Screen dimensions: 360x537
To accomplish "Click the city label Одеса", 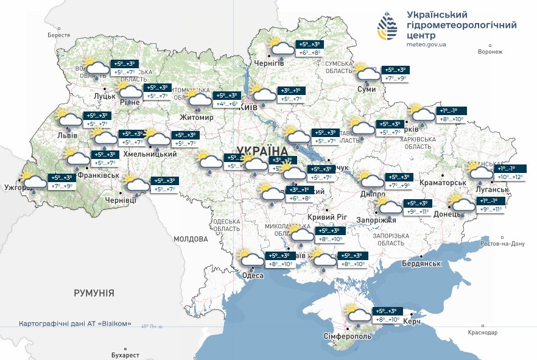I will click(x=253, y=276).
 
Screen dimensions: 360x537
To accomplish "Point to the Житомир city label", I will click(x=197, y=118).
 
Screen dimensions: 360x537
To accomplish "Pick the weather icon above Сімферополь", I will click(x=357, y=314).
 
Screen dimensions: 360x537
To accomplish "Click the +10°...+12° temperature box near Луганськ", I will click(x=510, y=177).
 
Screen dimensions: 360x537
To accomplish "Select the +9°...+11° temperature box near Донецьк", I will click(x=490, y=209).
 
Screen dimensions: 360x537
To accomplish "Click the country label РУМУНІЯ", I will click(x=94, y=293).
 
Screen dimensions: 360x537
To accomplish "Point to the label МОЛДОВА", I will click(x=191, y=239).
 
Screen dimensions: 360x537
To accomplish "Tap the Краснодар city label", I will click(x=482, y=333).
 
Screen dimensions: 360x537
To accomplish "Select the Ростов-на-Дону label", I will click(x=502, y=244).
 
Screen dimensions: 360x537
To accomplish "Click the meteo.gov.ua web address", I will click(x=426, y=44).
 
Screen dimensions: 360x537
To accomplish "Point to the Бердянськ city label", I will click(x=421, y=263).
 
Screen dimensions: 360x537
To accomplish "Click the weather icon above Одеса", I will click(x=251, y=260).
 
